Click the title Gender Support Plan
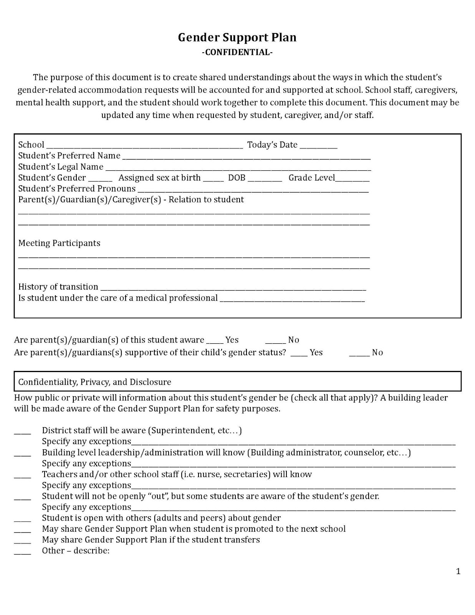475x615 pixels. pos(237,38)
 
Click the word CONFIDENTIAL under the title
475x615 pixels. pos(237,52)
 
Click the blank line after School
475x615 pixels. pos(144,146)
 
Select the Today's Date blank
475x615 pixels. pos(318,146)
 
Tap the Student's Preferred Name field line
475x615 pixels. pos(246,157)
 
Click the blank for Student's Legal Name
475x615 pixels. pos(238,168)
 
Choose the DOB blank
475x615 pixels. pos(265,179)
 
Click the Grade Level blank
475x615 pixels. pos(352,179)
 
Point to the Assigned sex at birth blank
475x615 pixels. pos(213,179)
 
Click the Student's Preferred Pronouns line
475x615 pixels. pos(253,190)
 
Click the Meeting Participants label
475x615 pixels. pos(59,243)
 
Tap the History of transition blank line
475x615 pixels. pos(233,288)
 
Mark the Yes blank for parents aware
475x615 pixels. pos(215,341)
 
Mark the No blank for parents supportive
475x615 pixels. pos(359,354)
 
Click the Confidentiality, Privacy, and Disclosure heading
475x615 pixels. pos(95,382)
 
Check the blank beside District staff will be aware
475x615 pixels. pos(22,432)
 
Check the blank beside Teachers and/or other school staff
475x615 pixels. pos(22,476)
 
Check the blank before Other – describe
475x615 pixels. pos(22,552)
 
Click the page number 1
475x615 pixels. pos(458,572)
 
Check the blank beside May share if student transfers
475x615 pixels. pos(22,542)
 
